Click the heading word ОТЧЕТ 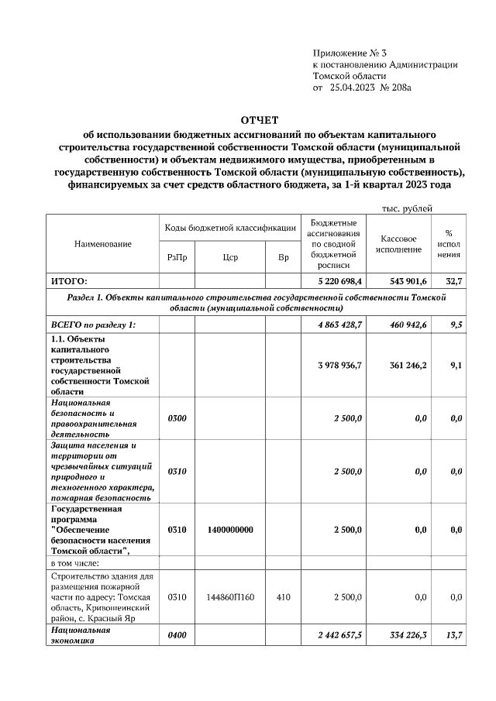[260, 121]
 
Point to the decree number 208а [400, 88]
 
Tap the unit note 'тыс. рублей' [406, 208]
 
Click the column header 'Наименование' [103, 244]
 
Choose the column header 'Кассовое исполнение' [399, 244]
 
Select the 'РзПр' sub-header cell [176, 258]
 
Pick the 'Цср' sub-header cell [229, 258]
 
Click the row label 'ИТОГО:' [69, 281]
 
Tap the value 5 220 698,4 [340, 281]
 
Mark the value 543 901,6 [405, 281]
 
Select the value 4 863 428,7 [339, 325]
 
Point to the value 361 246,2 [405, 365]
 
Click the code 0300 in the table [177, 418]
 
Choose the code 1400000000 [229, 530]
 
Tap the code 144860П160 [229, 597]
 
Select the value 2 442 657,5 [339, 635]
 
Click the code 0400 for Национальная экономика [177, 635]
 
